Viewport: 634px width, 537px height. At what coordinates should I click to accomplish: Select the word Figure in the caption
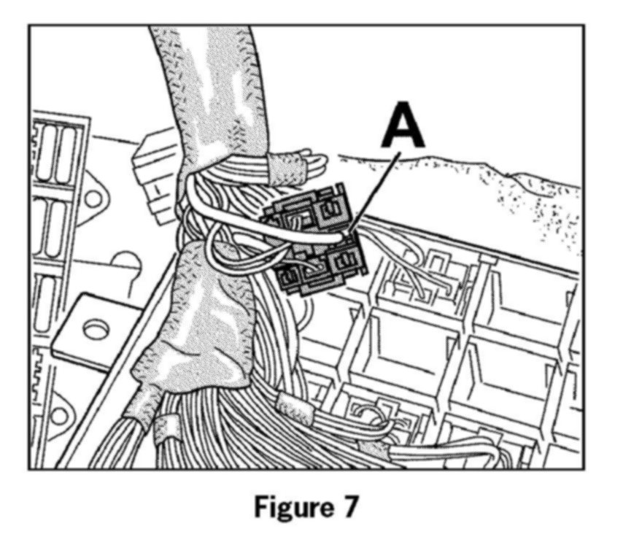pyautogui.click(x=288, y=506)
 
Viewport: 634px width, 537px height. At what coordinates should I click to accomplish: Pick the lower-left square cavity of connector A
pyautogui.click(x=292, y=277)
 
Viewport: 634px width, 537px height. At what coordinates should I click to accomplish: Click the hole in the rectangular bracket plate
pyautogui.click(x=94, y=330)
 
